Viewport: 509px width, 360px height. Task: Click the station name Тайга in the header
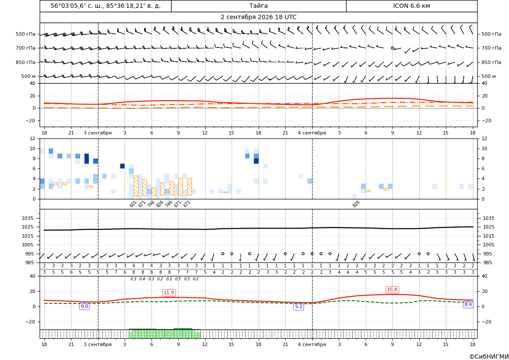258,6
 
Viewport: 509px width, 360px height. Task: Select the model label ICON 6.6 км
411,6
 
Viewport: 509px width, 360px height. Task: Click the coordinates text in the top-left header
105,6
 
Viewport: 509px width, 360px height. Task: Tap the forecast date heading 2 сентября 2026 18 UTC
258,17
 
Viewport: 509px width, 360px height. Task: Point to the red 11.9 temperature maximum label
169,293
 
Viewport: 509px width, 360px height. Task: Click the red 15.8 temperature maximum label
392,289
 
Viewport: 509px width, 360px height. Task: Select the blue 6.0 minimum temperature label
84,306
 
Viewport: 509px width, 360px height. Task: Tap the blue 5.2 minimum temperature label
299,306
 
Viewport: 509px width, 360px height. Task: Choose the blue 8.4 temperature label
468,304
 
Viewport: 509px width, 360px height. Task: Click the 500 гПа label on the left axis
25,34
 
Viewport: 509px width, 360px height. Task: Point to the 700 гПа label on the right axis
491,48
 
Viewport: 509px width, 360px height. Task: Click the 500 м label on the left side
28,76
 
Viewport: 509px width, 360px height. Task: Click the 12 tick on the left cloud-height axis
33,138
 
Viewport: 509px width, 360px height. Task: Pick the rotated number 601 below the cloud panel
133,204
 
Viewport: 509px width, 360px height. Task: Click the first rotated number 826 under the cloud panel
160,204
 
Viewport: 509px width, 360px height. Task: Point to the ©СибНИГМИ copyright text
489,357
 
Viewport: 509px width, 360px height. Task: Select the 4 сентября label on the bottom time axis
312,344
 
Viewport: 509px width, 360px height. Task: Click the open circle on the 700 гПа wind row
392,48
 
